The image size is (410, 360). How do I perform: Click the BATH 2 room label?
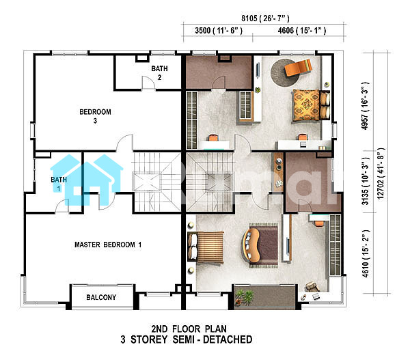[x=159, y=73]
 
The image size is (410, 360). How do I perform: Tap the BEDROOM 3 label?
[x=95, y=116]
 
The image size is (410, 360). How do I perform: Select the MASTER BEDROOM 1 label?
[x=108, y=245]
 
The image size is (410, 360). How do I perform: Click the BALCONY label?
[x=101, y=297]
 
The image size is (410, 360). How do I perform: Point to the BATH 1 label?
[x=59, y=184]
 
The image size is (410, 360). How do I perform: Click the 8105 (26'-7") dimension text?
[x=265, y=18]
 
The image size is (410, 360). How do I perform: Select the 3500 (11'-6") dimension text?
[x=219, y=31]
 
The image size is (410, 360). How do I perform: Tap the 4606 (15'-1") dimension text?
[x=302, y=31]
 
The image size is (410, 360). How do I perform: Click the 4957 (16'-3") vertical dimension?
[x=365, y=106]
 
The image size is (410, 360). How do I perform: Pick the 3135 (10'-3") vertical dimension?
[x=365, y=181]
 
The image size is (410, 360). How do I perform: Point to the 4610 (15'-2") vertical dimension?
[x=366, y=254]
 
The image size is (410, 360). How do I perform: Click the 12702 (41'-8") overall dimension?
[x=381, y=174]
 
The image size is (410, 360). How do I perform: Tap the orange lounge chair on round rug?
[x=298, y=68]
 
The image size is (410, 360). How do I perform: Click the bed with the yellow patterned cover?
[x=310, y=105]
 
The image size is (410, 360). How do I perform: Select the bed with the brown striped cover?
[x=206, y=247]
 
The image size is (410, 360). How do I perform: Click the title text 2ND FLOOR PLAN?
[x=189, y=329]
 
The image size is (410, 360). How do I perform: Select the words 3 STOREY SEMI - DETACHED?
[x=187, y=340]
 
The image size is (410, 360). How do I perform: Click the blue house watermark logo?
[x=86, y=180]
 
